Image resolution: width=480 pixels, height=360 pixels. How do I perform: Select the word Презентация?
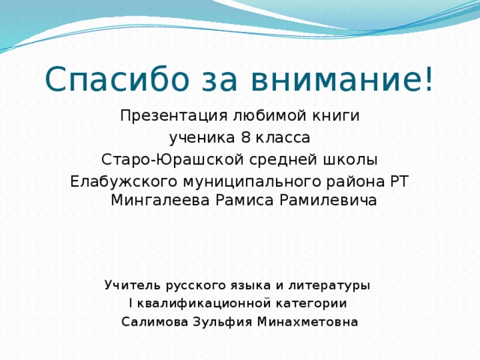tap(173, 116)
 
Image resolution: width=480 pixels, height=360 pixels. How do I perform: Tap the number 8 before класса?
tap(246, 138)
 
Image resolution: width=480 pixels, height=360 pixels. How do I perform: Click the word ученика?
tap(202, 138)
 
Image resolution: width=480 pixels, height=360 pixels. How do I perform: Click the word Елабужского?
tap(123, 181)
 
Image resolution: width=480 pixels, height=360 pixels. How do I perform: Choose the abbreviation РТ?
tap(399, 181)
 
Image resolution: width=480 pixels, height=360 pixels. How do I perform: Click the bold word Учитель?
tap(133, 285)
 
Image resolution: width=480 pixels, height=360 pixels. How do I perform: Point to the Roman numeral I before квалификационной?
tap(131, 303)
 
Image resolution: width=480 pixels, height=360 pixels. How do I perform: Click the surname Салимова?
tap(154, 322)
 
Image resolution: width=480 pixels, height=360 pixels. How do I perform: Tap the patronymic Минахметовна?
tap(307, 322)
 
